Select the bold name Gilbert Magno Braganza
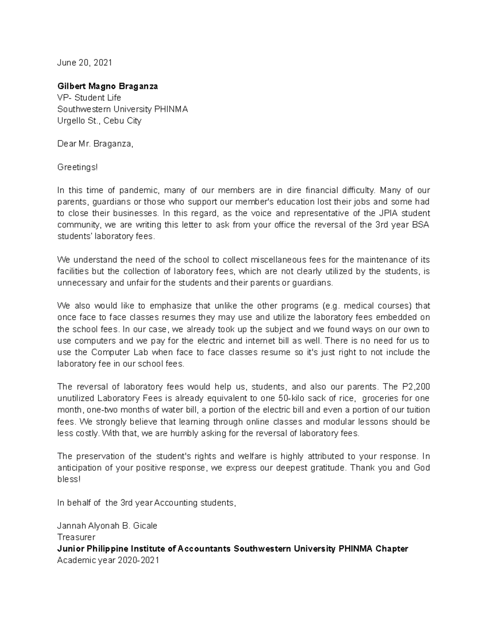(x=107, y=86)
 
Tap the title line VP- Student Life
(x=89, y=98)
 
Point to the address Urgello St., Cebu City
(x=99, y=121)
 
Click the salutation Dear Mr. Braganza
(x=95, y=144)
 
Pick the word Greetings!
(x=77, y=167)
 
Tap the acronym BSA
(x=420, y=225)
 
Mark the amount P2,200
(x=416, y=387)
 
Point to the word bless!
(x=69, y=479)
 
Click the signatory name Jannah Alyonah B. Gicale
(x=107, y=526)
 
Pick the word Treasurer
(x=76, y=537)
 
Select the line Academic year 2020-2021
(x=108, y=560)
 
